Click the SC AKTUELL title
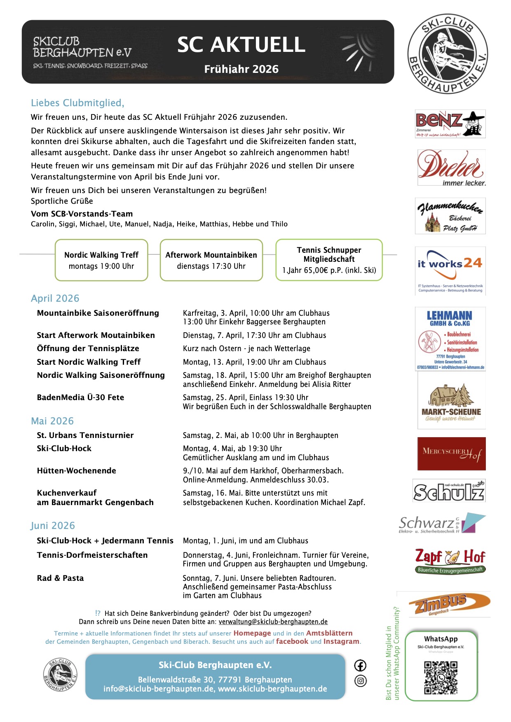click(241, 45)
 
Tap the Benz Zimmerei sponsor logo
click(450, 123)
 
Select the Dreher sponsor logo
click(451, 168)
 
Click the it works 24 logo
click(450, 270)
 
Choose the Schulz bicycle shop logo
click(449, 491)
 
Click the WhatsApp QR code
click(441, 678)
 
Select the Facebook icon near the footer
click(360, 666)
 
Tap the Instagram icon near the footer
click(360, 681)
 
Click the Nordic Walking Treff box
click(101, 260)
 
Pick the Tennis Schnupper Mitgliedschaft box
click(329, 260)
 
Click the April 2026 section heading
click(55, 298)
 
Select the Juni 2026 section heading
click(53, 526)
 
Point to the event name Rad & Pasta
click(60, 578)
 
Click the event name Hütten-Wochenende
click(76, 470)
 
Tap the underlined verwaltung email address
click(273, 622)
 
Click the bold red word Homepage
click(252, 633)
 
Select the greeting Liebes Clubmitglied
click(77, 103)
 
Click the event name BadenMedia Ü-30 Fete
click(80, 397)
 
